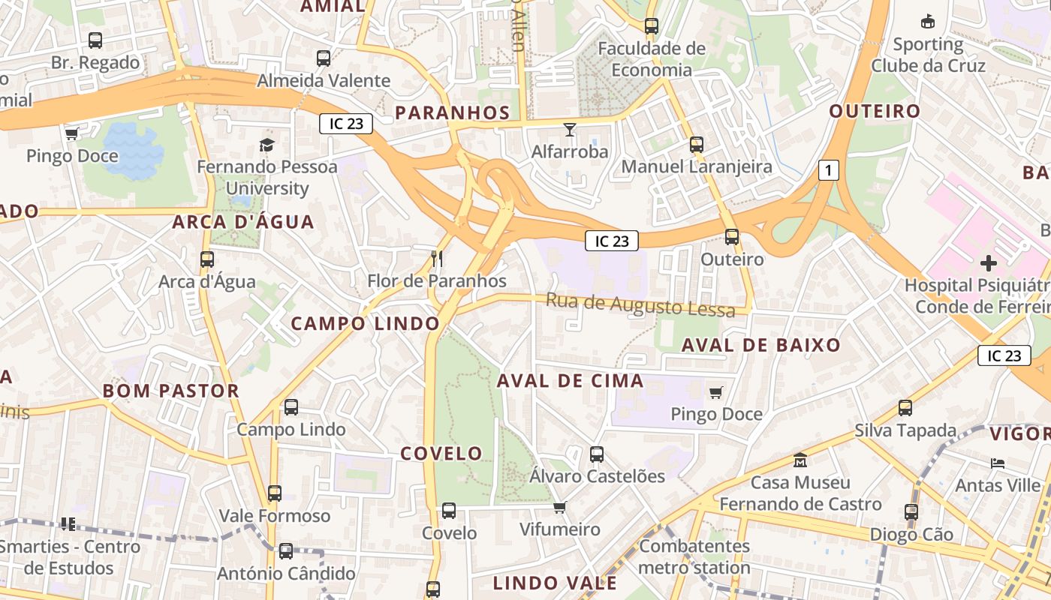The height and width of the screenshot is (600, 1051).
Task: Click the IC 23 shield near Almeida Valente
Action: [346, 124]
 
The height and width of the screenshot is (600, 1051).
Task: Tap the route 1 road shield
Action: [828, 171]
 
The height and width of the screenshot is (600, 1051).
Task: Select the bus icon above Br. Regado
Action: [95, 40]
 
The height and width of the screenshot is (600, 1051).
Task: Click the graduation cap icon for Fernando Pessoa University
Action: [267, 144]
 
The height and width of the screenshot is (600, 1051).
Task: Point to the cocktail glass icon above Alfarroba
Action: [570, 130]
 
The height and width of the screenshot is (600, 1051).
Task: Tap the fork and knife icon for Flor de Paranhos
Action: [437, 259]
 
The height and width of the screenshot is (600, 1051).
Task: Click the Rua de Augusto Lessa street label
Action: [640, 304]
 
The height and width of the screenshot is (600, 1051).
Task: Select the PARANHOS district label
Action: [452, 112]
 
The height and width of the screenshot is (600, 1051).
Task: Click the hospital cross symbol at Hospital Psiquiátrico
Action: [989, 262]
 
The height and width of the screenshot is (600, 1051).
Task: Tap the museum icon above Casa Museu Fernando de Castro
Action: [800, 460]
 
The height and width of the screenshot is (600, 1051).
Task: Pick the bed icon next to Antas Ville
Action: [998, 463]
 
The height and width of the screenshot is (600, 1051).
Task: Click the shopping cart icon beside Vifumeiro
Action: [559, 508]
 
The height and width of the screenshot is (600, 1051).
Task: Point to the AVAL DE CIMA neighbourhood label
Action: [570, 381]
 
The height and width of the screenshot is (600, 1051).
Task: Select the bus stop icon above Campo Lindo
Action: [291, 407]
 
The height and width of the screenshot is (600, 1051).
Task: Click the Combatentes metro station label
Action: [694, 556]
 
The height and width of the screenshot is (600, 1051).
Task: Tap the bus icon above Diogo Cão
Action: [911, 512]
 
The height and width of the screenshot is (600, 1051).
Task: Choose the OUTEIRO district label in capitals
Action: [874, 112]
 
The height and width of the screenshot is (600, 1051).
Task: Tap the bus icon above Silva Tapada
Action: [905, 408]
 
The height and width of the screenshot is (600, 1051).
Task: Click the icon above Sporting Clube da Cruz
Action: [928, 22]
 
